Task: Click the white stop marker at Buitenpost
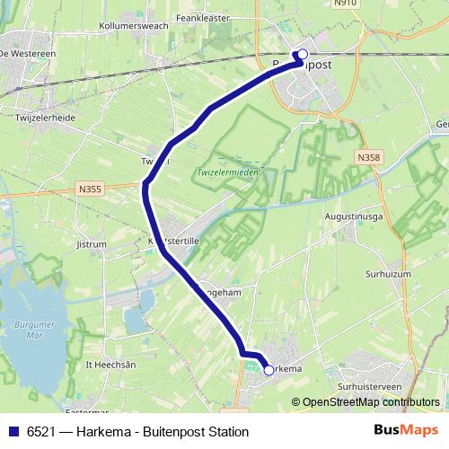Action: click(302, 54)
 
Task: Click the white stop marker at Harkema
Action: click(269, 369)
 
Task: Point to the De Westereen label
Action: click(28, 54)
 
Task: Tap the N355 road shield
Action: click(89, 189)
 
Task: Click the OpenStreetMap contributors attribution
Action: click(371, 402)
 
